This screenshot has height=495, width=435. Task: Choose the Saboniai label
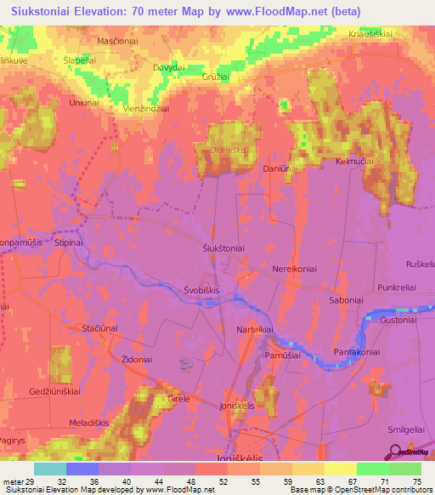pyautogui.click(x=346, y=300)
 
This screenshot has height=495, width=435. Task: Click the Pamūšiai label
pyautogui.click(x=282, y=355)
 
